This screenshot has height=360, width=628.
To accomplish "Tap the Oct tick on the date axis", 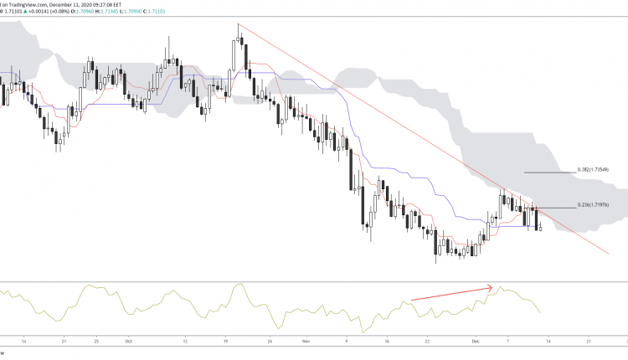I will click(128, 342).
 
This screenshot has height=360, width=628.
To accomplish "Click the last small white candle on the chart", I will click(542, 228).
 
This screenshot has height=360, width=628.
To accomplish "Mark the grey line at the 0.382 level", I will click(548, 171).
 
